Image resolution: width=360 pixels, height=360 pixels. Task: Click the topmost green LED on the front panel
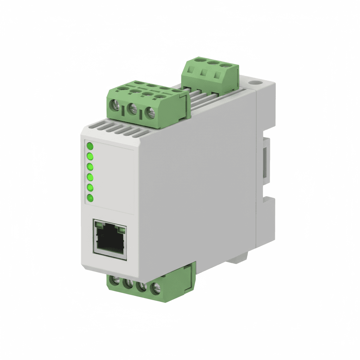pyautogui.click(x=90, y=146)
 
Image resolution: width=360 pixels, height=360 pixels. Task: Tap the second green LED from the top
pyautogui.click(x=90, y=156)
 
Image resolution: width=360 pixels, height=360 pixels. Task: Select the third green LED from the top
pyautogui.click(x=90, y=167)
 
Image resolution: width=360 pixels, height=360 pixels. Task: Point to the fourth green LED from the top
pyautogui.click(x=90, y=177)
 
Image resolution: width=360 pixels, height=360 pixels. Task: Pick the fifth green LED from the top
pyautogui.click(x=90, y=187)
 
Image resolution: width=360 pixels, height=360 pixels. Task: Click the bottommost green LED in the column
pyautogui.click(x=90, y=198)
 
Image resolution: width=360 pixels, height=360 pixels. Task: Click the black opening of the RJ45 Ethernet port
pyautogui.click(x=110, y=241)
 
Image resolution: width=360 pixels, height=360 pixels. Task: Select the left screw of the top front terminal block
pyautogui.click(x=115, y=105)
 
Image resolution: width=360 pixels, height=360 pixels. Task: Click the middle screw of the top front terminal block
pyautogui.click(x=133, y=109)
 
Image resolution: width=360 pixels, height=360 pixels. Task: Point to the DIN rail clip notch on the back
pyautogui.click(x=266, y=158)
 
